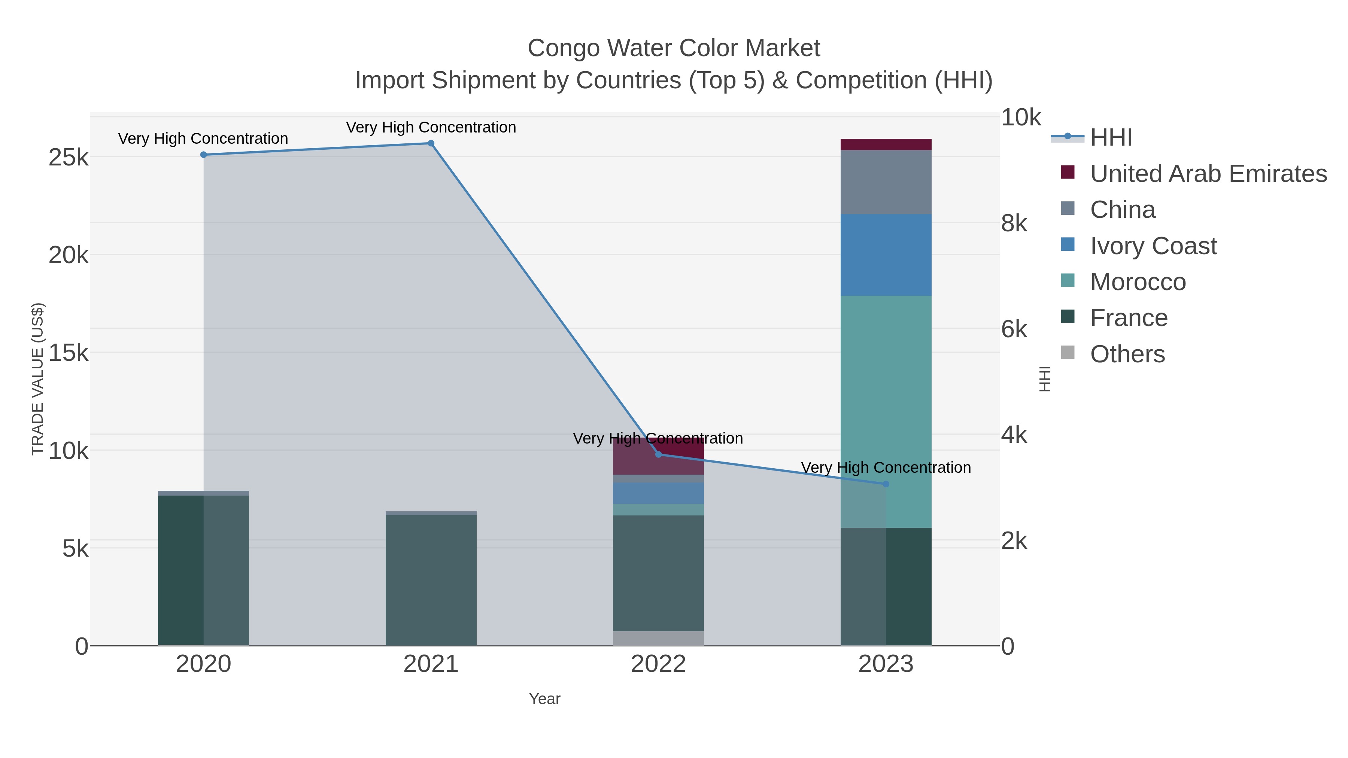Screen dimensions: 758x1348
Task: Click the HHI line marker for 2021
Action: click(x=431, y=143)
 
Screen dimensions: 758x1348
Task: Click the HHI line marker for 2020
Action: click(x=204, y=155)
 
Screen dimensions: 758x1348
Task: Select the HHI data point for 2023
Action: click(x=886, y=484)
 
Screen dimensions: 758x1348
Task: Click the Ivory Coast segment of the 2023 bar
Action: click(x=886, y=255)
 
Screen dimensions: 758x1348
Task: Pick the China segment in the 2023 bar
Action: click(x=886, y=182)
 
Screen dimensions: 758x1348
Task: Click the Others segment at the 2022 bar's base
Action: click(x=658, y=638)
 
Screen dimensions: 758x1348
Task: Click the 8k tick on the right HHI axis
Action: click(x=1014, y=223)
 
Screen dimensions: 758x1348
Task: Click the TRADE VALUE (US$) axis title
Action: click(x=38, y=379)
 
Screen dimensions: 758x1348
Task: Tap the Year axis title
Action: click(x=544, y=699)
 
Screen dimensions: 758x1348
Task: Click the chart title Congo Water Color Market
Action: click(x=674, y=48)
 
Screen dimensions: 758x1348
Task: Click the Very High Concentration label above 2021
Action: click(x=431, y=127)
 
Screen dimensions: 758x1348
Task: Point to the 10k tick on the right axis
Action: click(x=1020, y=118)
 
